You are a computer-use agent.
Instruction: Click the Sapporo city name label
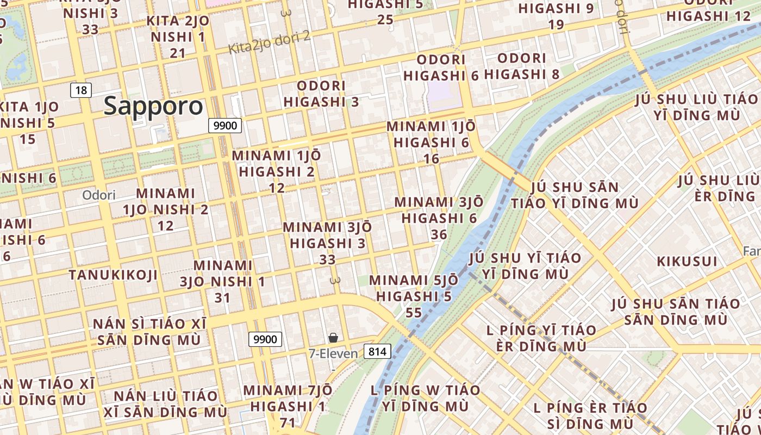153,106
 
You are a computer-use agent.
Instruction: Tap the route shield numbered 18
81,90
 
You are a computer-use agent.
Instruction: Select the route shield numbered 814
377,351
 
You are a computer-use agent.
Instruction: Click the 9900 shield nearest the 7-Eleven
266,339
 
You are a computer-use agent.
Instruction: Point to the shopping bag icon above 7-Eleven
333,338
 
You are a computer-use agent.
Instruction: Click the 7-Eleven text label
333,353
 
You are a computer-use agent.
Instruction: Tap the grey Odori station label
99,195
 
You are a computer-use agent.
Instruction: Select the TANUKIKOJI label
113,275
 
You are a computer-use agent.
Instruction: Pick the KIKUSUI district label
687,261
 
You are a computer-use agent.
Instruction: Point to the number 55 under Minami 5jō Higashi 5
414,313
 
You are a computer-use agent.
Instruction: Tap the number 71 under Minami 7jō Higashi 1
288,422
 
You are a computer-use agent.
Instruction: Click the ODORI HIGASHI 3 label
321,94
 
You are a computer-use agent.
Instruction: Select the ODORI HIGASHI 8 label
521,66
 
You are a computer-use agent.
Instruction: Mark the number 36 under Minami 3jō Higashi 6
439,234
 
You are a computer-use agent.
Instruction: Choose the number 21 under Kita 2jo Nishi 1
178,53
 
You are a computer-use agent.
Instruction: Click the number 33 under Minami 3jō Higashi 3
327,260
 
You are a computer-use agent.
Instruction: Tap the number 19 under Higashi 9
556,24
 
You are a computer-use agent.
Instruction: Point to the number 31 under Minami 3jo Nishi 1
222,298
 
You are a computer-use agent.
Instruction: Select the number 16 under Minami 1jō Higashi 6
431,159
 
